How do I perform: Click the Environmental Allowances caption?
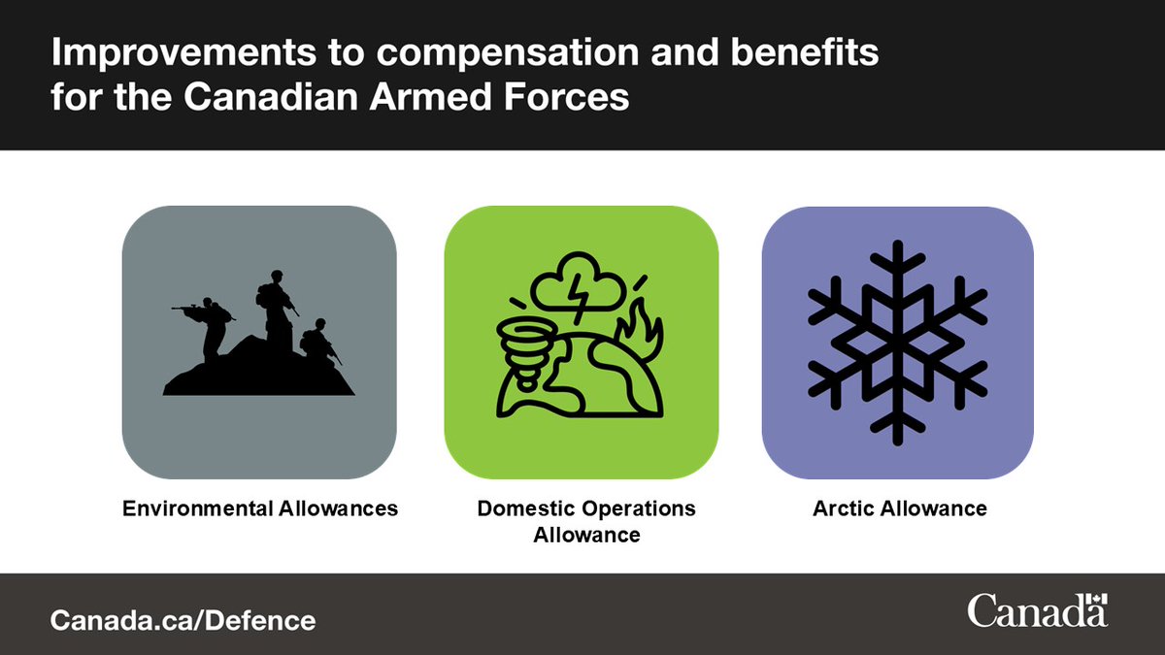(x=259, y=508)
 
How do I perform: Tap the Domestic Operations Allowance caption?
(x=586, y=521)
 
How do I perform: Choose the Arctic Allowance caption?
(x=899, y=508)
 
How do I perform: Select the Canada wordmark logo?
(x=1037, y=612)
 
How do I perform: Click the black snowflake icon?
(x=897, y=343)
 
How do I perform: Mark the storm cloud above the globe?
(x=581, y=281)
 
